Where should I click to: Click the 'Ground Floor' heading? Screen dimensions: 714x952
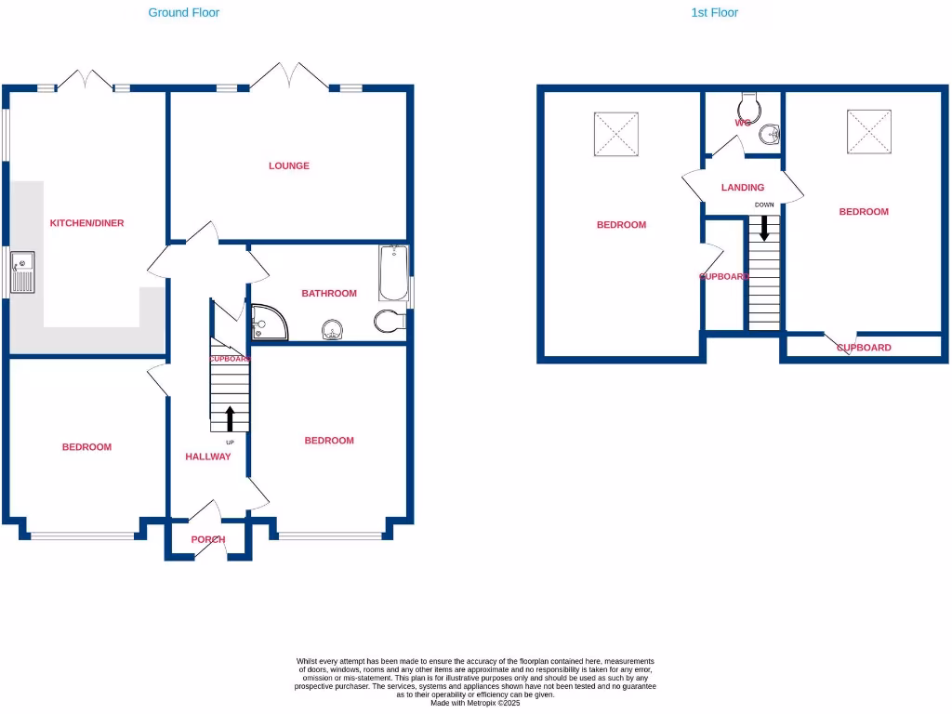point(184,13)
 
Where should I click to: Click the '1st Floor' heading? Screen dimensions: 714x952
point(714,13)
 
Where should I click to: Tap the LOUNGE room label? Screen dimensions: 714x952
point(289,166)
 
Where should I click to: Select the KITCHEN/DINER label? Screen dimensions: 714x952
point(86,223)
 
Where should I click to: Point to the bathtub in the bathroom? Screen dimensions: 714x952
point(393,273)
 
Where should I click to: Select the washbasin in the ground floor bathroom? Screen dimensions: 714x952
point(333,329)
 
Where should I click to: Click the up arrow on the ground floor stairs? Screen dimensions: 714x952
point(230,418)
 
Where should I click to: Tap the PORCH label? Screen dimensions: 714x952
point(208,540)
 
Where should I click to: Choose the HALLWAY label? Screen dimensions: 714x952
point(207,456)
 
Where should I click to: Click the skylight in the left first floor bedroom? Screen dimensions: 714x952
point(615,134)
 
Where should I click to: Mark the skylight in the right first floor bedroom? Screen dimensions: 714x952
point(869,131)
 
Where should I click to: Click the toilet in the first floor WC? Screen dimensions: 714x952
point(750,104)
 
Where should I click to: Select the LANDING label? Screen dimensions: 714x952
point(743,188)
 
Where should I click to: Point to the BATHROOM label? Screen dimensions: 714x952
point(329,294)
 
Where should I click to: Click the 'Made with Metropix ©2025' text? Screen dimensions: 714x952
point(475,703)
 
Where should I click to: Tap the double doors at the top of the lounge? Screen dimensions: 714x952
point(288,76)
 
